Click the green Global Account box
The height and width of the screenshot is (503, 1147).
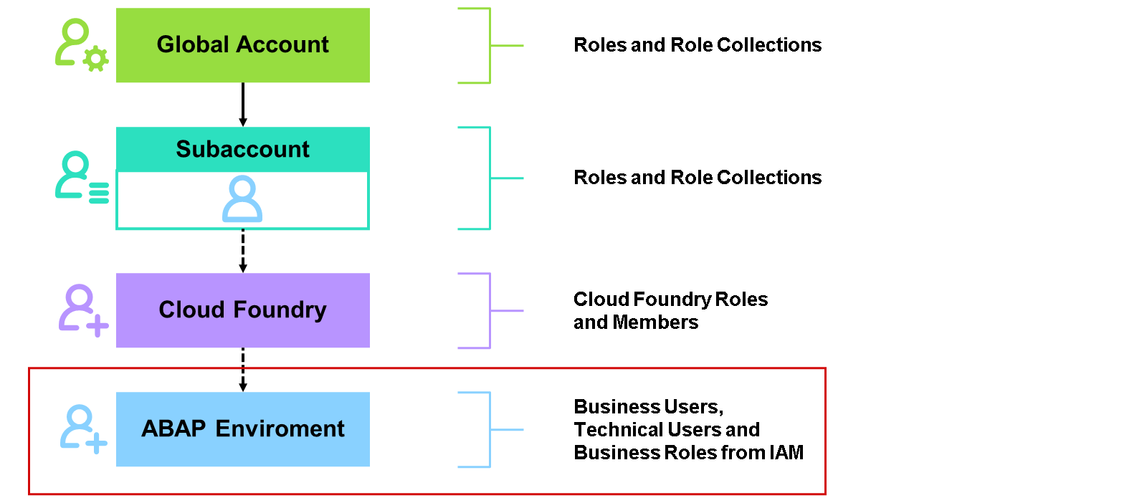(243, 45)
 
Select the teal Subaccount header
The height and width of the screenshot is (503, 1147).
(243, 150)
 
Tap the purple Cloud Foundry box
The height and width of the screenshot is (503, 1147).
(243, 310)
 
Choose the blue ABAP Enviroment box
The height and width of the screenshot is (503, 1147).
(243, 428)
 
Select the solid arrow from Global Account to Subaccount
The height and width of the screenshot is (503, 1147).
(243, 105)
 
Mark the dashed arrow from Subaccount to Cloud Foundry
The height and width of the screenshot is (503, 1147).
(243, 251)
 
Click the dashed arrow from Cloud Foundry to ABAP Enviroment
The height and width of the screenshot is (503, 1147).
(243, 370)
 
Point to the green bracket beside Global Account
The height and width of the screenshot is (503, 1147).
(490, 46)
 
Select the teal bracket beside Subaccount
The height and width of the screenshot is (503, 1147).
(490, 178)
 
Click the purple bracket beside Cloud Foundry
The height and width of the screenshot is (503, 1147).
(490, 310)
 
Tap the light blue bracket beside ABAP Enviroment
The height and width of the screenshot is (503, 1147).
(490, 429)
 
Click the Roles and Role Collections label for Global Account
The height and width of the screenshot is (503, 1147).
(698, 45)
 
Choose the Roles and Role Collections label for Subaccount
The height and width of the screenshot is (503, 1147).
(698, 178)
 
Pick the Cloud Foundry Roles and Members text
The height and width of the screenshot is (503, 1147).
(671, 310)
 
